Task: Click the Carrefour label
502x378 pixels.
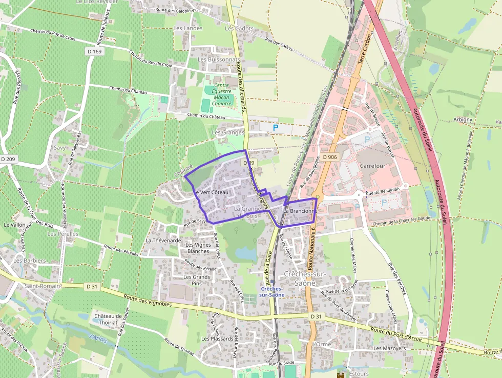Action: [x=372, y=166]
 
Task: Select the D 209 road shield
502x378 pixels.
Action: [x=8, y=160]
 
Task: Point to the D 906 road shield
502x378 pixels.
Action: [x=330, y=157]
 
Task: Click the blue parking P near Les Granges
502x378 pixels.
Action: [x=275, y=128]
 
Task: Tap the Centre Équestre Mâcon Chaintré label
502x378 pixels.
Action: [x=222, y=94]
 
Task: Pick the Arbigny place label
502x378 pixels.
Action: [x=463, y=120]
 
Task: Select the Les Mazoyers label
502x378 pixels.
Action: [x=389, y=348]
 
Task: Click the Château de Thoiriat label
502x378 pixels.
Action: [x=108, y=320]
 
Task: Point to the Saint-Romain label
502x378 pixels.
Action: [x=43, y=286]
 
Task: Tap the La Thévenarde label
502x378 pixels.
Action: [x=163, y=240]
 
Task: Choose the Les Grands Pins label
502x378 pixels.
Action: [x=197, y=280]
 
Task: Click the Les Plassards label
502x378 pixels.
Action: [x=217, y=339]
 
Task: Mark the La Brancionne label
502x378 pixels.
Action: [x=300, y=211]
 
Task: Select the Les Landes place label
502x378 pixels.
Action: [x=188, y=28]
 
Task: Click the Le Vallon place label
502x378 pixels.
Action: [x=14, y=225]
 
